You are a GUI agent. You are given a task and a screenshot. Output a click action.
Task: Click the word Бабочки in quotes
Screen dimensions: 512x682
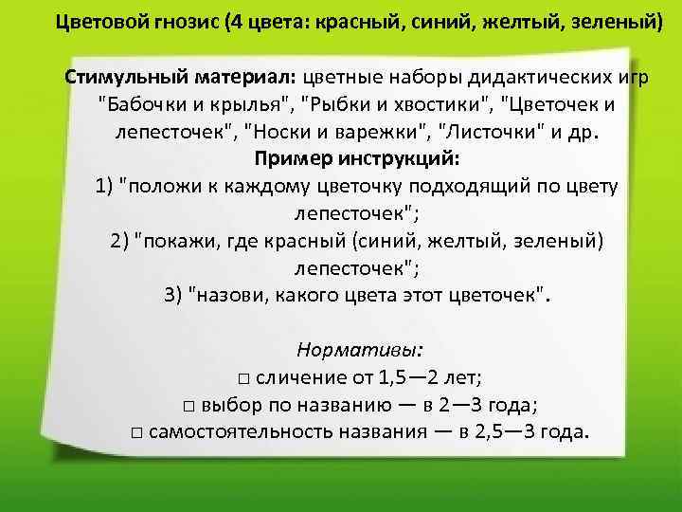pos(143,103)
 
